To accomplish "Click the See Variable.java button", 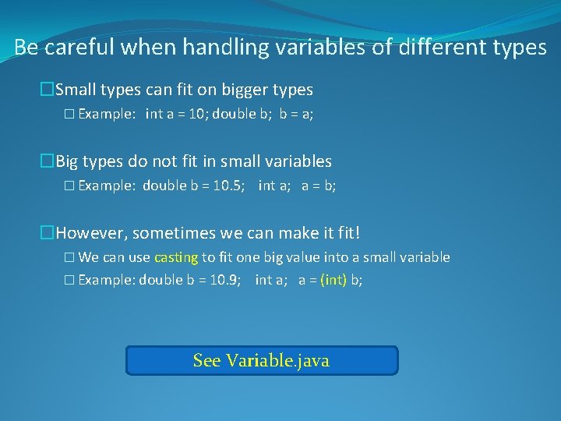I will (x=261, y=360).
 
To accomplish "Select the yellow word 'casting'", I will (x=176, y=257).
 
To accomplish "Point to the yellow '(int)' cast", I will (x=333, y=280).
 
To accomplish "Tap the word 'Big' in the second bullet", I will (x=68, y=161).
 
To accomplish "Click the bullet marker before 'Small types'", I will (x=48, y=90).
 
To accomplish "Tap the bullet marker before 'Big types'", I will (x=48, y=161).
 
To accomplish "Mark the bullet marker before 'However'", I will (x=48, y=232).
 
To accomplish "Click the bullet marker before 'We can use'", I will (x=69, y=257).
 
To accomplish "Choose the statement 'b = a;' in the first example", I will (x=296, y=114).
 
